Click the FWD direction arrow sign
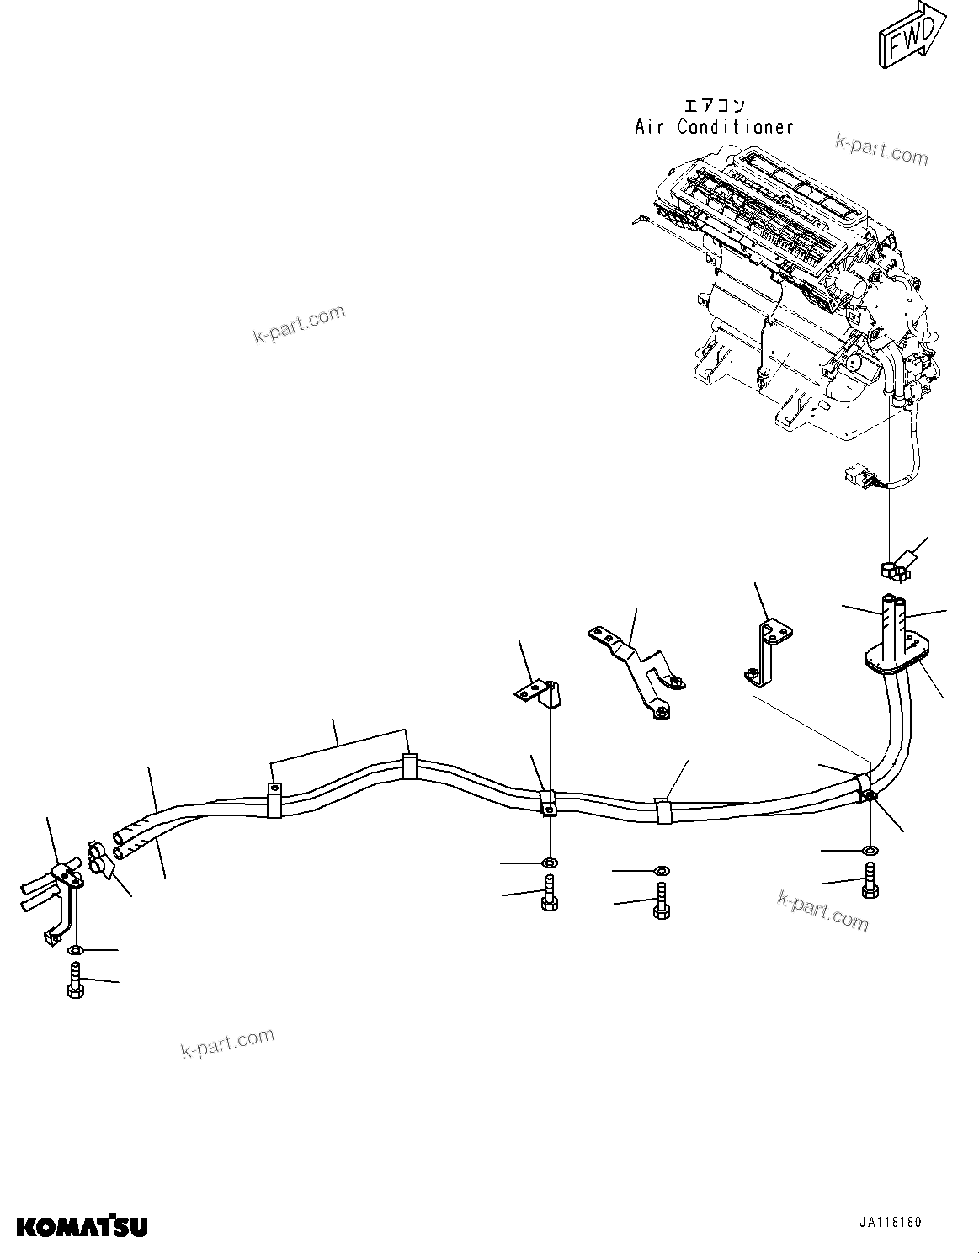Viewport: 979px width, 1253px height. click(x=909, y=39)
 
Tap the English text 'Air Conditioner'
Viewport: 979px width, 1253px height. click(x=714, y=127)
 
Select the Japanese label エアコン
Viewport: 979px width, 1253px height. click(x=714, y=105)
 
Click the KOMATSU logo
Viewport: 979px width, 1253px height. click(x=82, y=1227)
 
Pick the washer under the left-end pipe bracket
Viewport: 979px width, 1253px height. click(x=75, y=950)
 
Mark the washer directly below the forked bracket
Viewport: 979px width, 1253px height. click(x=662, y=869)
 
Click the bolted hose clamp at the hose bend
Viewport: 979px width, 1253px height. click(x=865, y=788)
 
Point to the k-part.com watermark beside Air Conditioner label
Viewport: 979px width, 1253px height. click(x=881, y=151)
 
